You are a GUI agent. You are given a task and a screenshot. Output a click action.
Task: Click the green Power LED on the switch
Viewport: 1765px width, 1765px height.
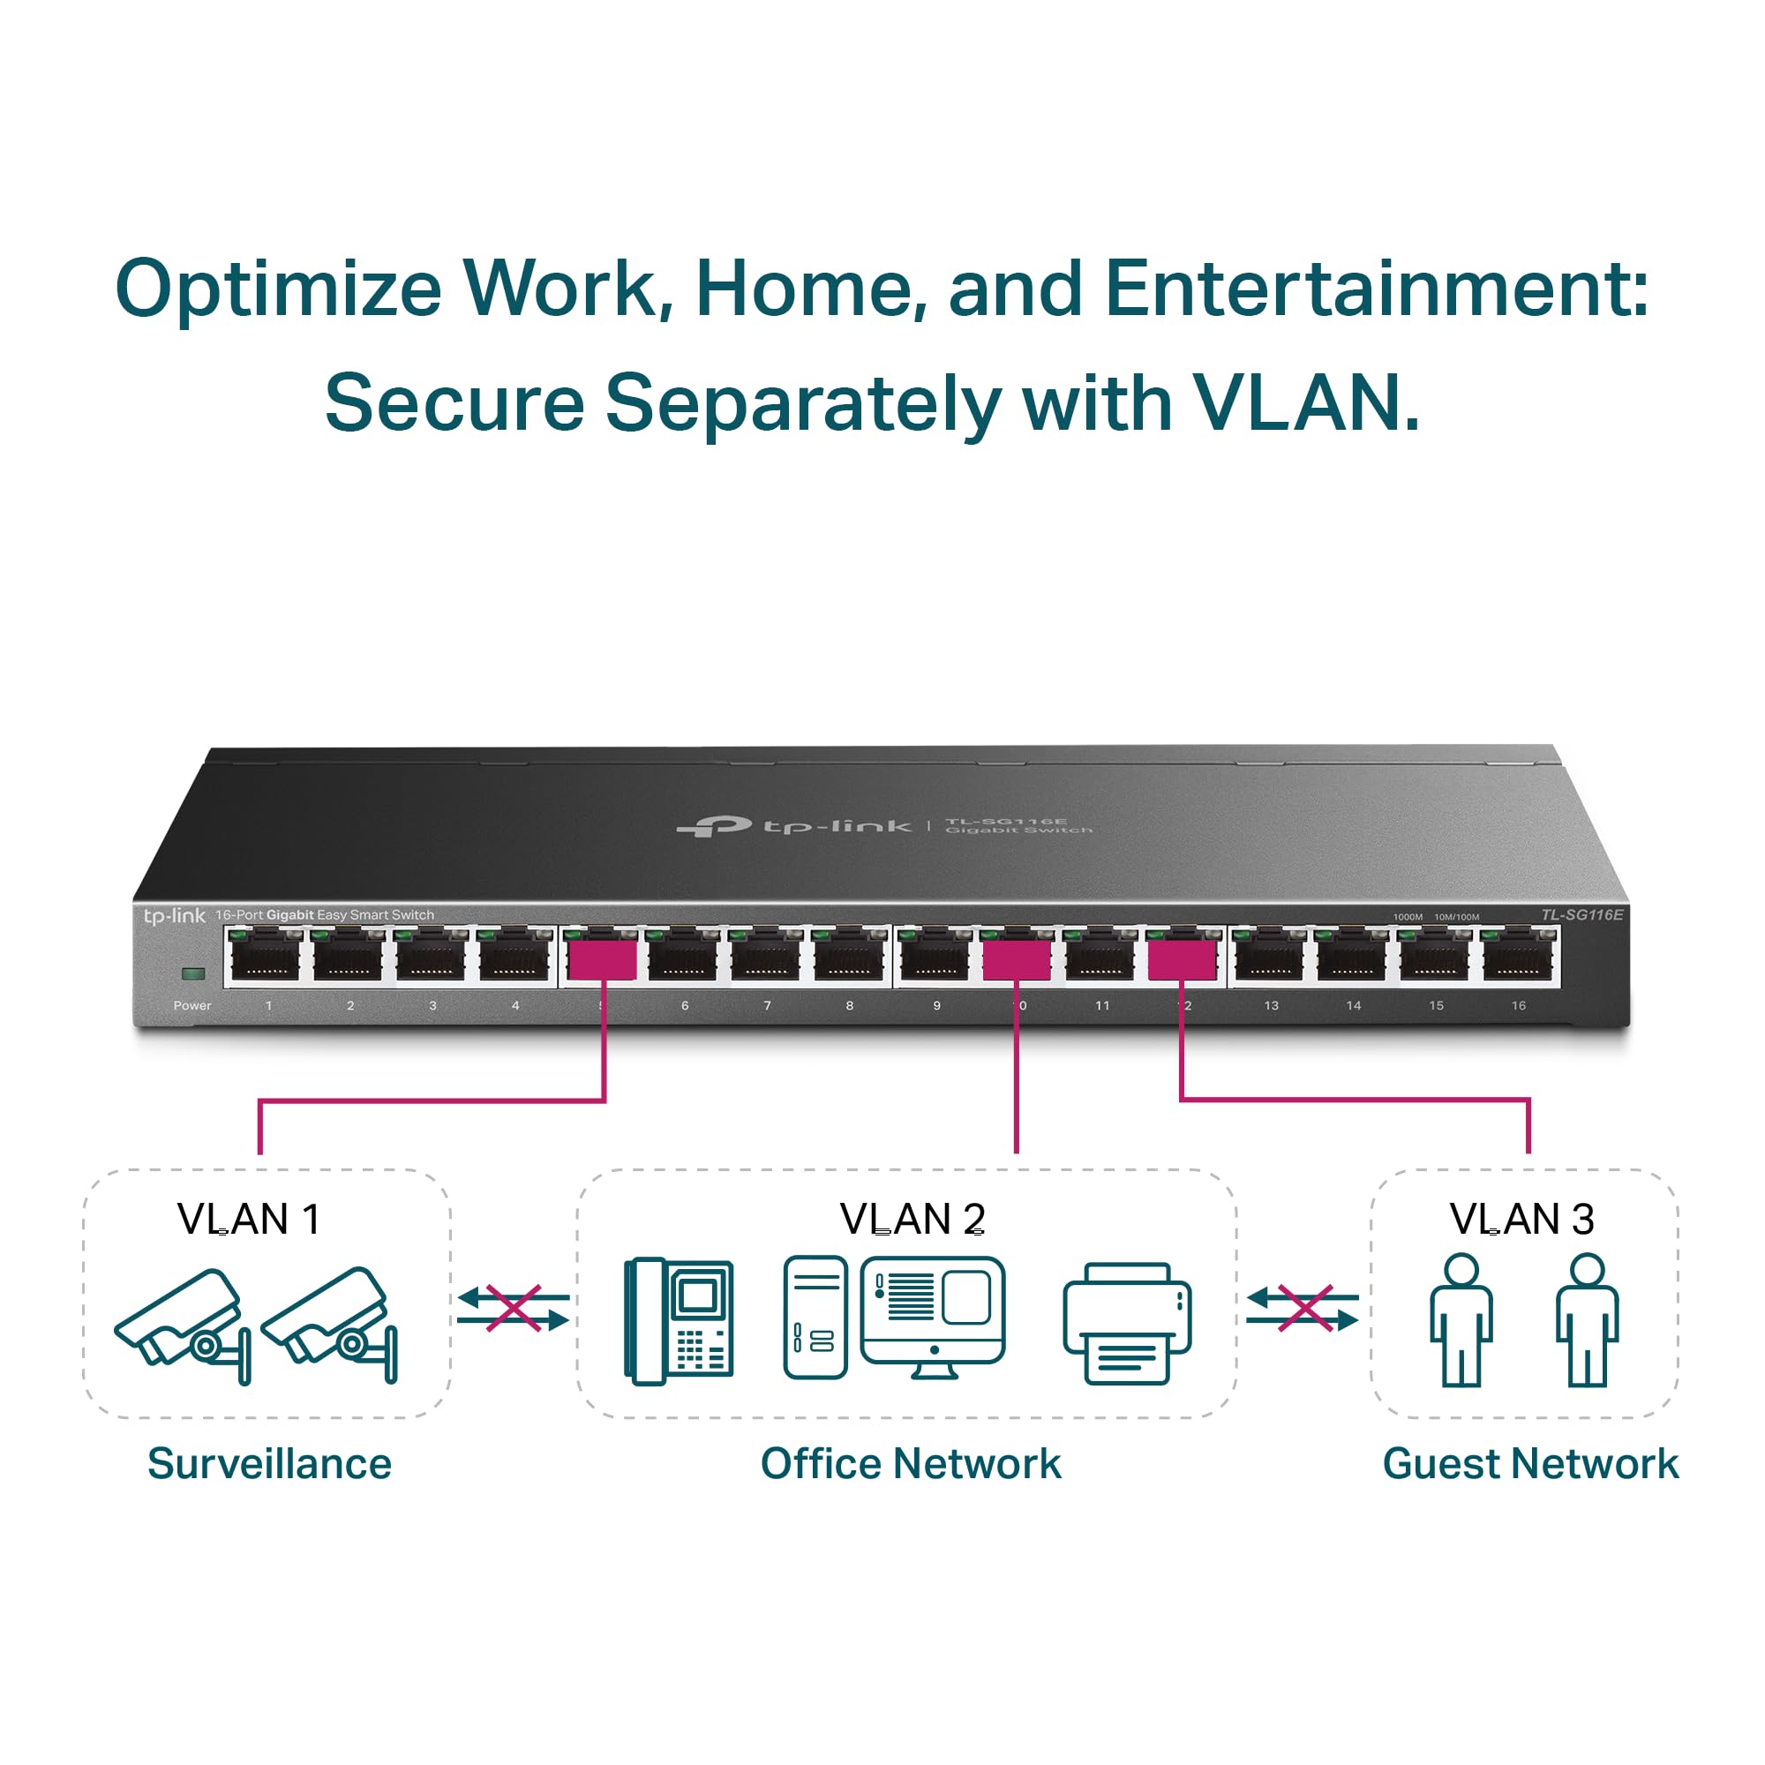coord(192,974)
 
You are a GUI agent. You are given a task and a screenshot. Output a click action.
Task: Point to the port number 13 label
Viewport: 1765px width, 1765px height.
coord(1271,1006)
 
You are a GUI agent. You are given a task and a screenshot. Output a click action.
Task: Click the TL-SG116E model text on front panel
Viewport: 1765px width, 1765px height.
coord(1581,914)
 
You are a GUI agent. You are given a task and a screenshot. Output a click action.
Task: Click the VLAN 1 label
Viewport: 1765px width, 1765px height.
coord(249,1219)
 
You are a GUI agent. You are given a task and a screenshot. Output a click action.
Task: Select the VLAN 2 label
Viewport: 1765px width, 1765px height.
coord(912,1219)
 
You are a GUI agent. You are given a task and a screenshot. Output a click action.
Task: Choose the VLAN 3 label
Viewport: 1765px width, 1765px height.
coord(1522,1219)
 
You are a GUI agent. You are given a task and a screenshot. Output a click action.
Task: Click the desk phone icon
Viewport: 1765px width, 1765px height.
coord(679,1321)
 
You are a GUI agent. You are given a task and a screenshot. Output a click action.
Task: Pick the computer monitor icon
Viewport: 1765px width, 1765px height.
coord(933,1317)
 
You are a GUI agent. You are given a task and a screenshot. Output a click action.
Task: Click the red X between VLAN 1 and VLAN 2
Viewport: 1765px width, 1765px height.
coord(514,1308)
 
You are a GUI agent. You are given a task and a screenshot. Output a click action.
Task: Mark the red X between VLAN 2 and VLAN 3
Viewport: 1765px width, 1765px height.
coord(1303,1308)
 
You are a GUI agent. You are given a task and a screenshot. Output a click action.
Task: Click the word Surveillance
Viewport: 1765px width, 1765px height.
coord(269,1463)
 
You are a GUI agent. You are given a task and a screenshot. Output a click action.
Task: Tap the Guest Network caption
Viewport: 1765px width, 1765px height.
coord(1530,1463)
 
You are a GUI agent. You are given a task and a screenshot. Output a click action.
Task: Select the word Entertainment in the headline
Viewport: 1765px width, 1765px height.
coord(1376,289)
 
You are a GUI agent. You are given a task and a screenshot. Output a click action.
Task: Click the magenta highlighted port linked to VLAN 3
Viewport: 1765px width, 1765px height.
coord(1182,961)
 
